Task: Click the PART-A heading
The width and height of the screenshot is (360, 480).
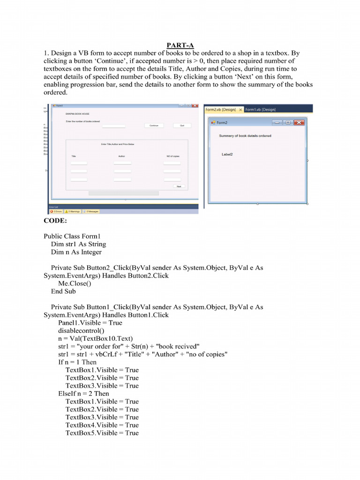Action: coord(180,45)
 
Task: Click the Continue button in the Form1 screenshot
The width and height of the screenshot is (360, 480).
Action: coord(154,126)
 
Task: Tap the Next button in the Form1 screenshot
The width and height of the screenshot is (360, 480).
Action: coord(179,187)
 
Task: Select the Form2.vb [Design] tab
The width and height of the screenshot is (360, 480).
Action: coord(221,109)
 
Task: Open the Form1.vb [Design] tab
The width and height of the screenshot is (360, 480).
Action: coord(261,109)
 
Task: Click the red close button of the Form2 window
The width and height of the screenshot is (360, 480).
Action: coord(299,122)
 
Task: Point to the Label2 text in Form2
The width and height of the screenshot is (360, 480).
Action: coord(227,154)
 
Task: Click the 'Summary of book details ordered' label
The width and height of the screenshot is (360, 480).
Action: coord(245,136)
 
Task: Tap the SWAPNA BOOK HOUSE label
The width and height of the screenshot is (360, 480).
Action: coord(77,114)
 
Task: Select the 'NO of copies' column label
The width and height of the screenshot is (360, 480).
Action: coord(172,156)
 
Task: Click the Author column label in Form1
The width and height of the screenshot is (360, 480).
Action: coord(121,156)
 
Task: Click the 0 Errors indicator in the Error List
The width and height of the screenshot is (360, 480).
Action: coord(56,211)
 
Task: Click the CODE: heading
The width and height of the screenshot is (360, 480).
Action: coord(55,220)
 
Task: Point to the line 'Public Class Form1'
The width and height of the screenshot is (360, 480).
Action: coord(72,236)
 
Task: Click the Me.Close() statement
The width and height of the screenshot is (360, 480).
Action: coord(75,284)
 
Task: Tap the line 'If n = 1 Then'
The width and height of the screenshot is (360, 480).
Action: coord(77,362)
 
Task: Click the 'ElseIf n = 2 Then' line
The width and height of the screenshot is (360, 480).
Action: coord(83,393)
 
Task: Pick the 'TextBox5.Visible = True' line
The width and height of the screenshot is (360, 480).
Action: coord(102,433)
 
